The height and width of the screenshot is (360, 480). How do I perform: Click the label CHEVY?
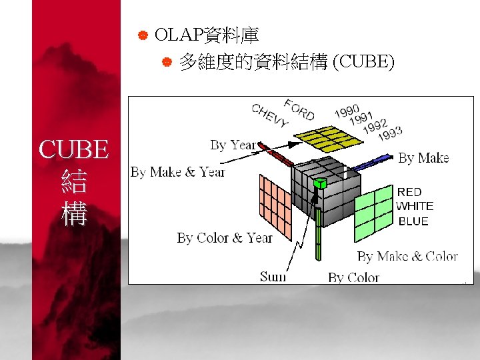pos(270,117)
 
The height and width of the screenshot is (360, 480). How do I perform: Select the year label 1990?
pos(347,110)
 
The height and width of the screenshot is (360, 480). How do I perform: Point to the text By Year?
pos(233,145)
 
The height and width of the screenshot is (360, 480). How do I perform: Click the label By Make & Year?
pos(178,172)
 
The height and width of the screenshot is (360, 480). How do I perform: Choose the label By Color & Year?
pos(225,237)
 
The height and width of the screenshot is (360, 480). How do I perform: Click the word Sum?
pos(273,276)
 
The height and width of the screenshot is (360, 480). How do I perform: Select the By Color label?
pos(353,277)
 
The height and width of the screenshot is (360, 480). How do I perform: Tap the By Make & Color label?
pos(407,256)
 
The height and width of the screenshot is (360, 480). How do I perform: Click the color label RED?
pos(409,192)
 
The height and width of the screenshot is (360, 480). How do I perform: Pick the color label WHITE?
pos(415,206)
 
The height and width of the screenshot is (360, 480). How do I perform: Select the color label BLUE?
pos(413,221)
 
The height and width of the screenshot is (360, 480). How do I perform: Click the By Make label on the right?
pos(423,158)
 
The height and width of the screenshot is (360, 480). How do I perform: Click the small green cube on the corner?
pos(320,182)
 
